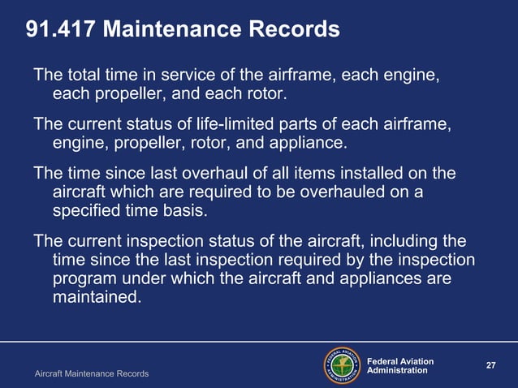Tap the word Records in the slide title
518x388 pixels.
(294, 30)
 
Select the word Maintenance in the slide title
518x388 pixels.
(173, 30)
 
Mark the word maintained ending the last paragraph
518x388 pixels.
(95, 297)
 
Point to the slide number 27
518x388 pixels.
(490, 365)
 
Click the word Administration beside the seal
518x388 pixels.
(398, 371)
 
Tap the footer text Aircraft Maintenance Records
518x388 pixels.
(91, 373)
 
